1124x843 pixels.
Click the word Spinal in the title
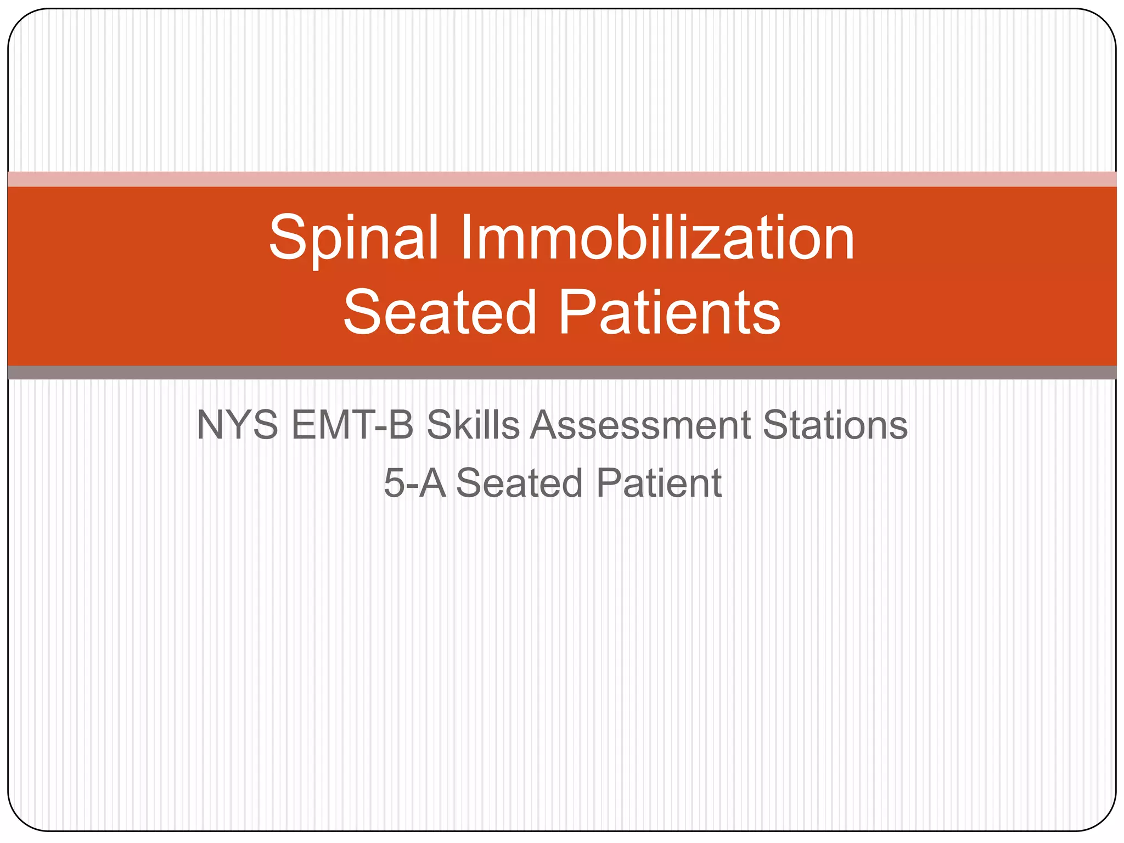[x=353, y=239]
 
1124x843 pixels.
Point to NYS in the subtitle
[x=237, y=425]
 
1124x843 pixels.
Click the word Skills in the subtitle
[x=473, y=425]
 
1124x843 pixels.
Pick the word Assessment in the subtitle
[x=640, y=425]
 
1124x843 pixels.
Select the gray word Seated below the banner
[x=519, y=484]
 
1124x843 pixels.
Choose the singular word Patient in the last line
[x=659, y=484]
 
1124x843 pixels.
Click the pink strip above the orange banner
[x=562, y=179]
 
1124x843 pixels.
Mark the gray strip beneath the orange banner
[x=562, y=373]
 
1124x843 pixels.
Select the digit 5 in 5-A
[x=394, y=484]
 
